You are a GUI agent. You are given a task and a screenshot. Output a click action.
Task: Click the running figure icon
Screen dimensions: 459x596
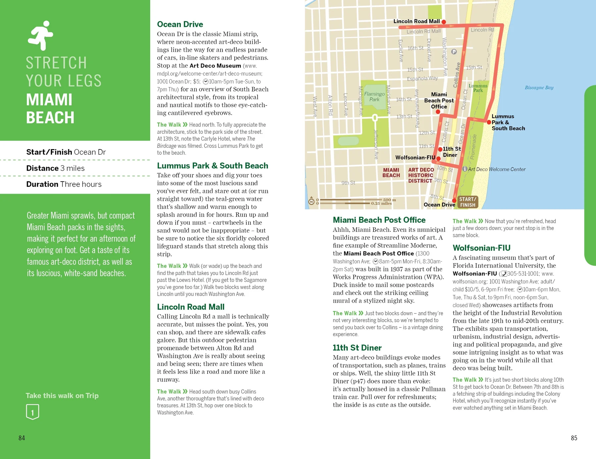click(x=40, y=35)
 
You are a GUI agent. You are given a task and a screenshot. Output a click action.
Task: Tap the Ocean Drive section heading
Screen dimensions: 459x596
click(x=180, y=24)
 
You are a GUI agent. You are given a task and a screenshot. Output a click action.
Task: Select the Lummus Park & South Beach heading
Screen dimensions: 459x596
click(x=212, y=166)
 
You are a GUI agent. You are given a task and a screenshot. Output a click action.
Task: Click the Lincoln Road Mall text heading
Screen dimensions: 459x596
click(x=190, y=307)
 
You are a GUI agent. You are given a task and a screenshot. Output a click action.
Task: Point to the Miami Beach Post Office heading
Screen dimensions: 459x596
click(x=379, y=220)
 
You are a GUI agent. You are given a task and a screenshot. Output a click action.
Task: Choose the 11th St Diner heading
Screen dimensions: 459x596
click(x=357, y=348)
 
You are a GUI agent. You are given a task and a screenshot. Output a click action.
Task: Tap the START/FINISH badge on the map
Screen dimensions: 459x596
click(x=468, y=202)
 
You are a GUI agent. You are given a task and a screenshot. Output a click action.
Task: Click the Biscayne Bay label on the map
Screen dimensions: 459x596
click(x=539, y=87)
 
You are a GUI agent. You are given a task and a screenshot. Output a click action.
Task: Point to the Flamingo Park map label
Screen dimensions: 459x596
click(x=374, y=96)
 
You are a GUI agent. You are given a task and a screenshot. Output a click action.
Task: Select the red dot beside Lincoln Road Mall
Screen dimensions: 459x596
click(x=444, y=22)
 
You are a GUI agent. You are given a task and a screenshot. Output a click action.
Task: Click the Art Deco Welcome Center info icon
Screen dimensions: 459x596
click(x=465, y=169)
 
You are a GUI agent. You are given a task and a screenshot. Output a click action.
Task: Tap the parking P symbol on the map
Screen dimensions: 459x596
click(x=454, y=52)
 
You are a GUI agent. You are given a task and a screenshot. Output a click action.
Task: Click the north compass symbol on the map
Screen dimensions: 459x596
click(x=311, y=201)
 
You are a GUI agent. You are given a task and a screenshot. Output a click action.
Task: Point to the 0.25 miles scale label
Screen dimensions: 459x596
click(x=381, y=203)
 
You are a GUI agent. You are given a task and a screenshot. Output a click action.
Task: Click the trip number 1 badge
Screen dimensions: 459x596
click(x=32, y=412)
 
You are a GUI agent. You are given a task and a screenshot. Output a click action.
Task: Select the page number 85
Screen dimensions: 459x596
click(x=574, y=438)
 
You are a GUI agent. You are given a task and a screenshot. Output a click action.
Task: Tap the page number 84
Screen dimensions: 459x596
click(x=22, y=438)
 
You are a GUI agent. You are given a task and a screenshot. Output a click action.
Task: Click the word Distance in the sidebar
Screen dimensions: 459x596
click(x=42, y=168)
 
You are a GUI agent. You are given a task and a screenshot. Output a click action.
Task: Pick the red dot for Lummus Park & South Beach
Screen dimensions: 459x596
click(x=489, y=122)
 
